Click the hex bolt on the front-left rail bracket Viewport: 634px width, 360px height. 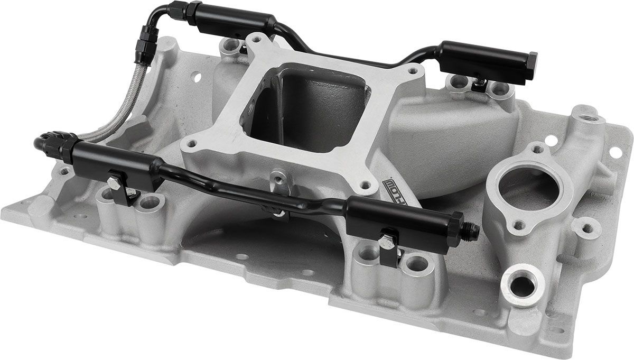point(114,182)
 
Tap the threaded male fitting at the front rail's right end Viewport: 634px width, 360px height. point(472,229)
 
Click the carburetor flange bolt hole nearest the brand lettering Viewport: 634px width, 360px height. point(365,185)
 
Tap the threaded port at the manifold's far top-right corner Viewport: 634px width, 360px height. point(586,114)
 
